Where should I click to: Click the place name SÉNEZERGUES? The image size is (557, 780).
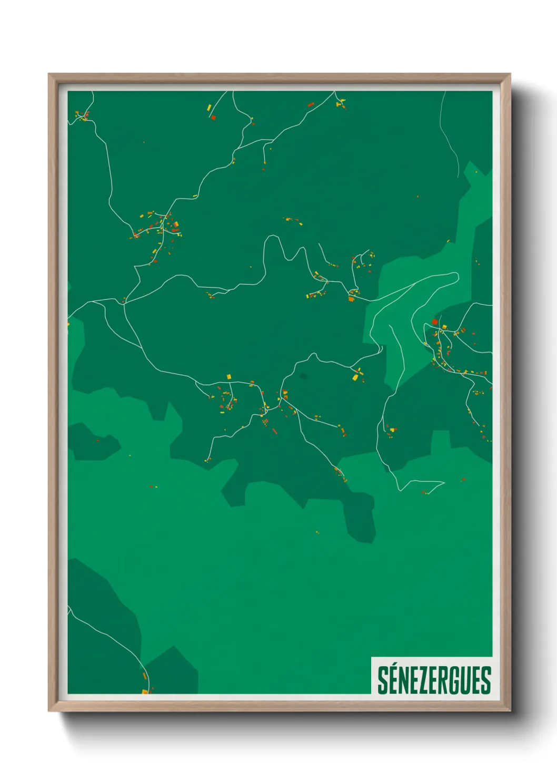434,680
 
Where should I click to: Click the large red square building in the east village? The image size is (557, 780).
435,321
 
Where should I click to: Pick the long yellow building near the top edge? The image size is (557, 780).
209,108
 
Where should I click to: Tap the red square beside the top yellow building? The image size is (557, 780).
213,118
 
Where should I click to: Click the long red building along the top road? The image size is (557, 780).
311,104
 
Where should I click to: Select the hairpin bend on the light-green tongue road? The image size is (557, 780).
456,277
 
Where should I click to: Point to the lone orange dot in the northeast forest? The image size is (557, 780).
418,197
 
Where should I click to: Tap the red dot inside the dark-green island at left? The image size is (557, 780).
97,441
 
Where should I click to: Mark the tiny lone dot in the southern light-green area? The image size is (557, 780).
317,532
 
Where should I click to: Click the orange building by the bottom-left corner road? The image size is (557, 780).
145,676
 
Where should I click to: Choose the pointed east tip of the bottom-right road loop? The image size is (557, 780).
444,482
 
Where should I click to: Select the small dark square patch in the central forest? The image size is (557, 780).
303,376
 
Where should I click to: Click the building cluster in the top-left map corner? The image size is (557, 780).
83,116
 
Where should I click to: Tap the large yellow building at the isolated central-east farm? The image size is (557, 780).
355,377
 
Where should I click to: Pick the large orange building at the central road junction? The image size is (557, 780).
351,299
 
